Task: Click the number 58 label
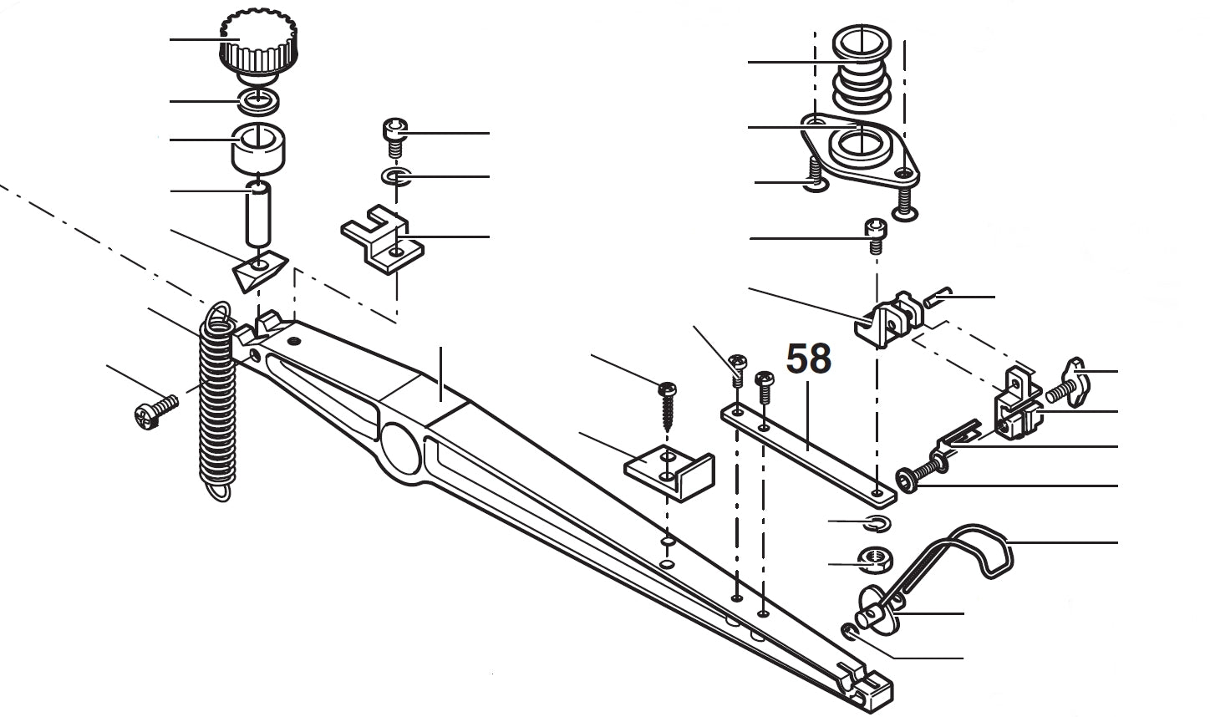[809, 358]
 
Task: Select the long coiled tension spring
[217, 401]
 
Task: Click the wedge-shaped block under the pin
[258, 272]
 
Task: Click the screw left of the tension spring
[156, 412]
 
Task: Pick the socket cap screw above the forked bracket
[394, 135]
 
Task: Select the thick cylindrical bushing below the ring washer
[258, 147]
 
